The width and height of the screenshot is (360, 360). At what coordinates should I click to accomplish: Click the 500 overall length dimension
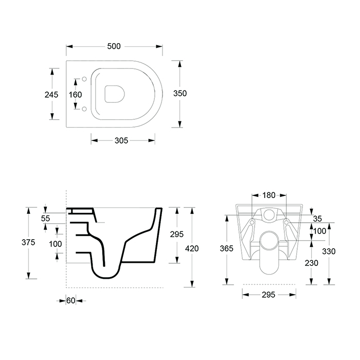point(114,46)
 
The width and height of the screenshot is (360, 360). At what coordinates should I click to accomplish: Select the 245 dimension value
point(51,95)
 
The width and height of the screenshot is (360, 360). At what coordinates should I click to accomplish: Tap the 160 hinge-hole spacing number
point(75,95)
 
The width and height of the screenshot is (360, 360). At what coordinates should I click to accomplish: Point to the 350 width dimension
point(180,94)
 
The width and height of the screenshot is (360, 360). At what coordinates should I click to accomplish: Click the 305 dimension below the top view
point(121,140)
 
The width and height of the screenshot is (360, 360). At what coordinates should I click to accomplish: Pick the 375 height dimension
point(28,242)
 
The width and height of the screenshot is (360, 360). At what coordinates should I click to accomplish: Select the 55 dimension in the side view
point(45,219)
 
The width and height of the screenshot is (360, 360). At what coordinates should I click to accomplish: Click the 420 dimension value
point(192,248)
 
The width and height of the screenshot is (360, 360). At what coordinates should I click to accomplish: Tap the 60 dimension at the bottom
point(71,300)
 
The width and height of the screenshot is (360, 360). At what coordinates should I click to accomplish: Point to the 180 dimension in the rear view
point(269,195)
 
